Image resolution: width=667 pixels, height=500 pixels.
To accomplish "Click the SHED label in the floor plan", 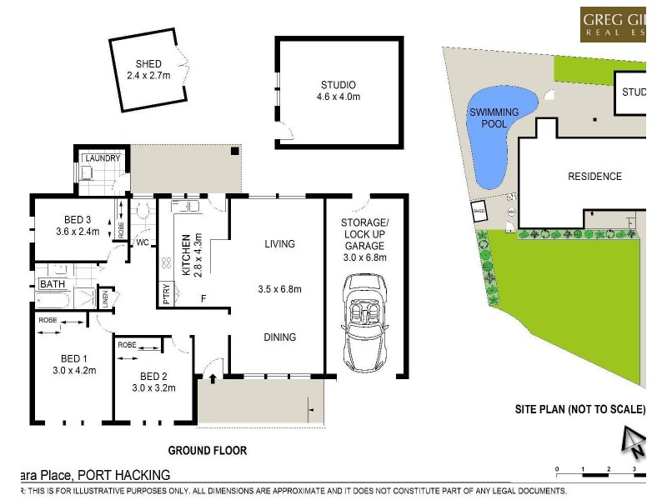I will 148,64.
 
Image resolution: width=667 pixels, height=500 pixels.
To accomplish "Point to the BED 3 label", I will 78,219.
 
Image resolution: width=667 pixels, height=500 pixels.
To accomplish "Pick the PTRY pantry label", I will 167,296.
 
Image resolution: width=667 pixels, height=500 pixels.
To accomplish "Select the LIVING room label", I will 279,244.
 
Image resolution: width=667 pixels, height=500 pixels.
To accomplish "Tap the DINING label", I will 279,337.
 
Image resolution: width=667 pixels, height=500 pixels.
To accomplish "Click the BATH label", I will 51,285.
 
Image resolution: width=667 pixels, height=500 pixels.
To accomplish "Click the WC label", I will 142,243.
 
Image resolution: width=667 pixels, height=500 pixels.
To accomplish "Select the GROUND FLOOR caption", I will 208,451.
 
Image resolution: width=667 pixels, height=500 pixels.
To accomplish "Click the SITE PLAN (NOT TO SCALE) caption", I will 579,409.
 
